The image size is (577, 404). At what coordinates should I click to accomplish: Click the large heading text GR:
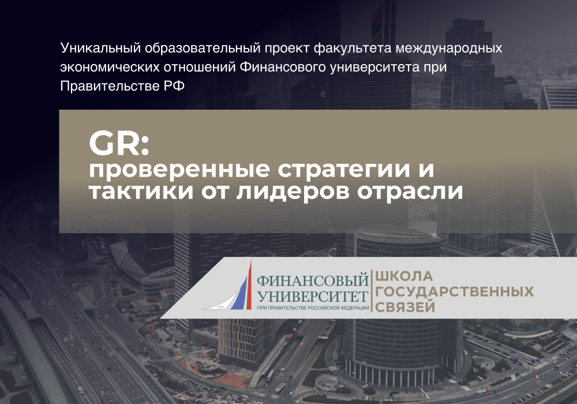[x=119, y=144]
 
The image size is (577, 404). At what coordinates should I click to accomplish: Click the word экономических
[x=110, y=68]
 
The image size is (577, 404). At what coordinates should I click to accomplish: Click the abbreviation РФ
[x=174, y=86]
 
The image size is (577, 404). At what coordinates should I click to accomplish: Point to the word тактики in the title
[x=141, y=192]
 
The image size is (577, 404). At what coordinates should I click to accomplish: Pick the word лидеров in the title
[x=293, y=192]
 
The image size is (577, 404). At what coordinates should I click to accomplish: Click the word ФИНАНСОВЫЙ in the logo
[x=312, y=280]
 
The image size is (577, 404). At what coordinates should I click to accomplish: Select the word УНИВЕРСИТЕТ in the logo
[x=312, y=297]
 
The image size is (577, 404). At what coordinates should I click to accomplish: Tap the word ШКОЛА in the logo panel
[x=404, y=276]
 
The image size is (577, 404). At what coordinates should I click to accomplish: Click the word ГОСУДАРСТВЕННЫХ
[x=455, y=291]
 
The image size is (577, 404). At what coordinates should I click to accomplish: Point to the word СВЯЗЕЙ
[x=405, y=307]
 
